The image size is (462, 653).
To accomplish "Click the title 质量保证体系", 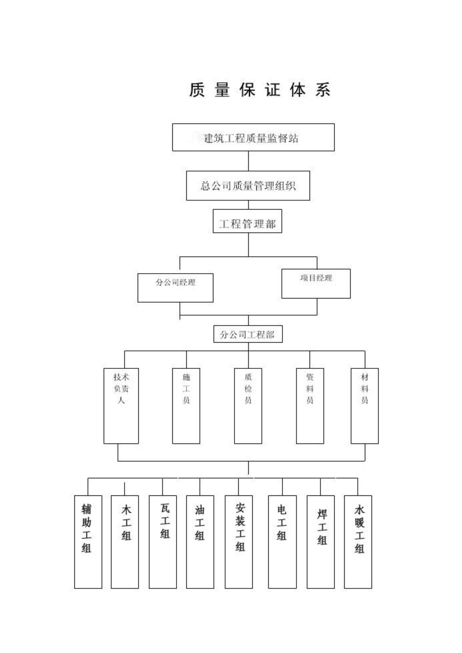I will click(259, 90).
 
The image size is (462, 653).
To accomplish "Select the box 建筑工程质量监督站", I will click(253, 137).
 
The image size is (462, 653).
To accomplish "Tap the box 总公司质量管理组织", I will click(248, 186).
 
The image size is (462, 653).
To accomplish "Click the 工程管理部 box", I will click(247, 221).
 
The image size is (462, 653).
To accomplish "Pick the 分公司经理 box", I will click(175, 288).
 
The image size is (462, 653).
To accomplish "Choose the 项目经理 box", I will click(316, 284).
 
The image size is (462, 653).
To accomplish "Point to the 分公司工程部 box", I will click(248, 334).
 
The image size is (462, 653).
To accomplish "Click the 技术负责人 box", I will click(121, 406).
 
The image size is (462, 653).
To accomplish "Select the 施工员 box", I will click(186, 406).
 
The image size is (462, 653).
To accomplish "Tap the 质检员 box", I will click(248, 406).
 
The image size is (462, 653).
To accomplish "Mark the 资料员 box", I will click(310, 406).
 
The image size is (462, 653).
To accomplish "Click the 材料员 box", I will click(364, 406).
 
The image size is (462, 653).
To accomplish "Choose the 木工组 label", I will click(126, 523).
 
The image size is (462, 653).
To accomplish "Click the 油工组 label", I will click(200, 523).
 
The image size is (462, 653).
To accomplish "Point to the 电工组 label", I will click(282, 523).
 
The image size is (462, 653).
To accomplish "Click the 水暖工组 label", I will click(359, 529).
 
